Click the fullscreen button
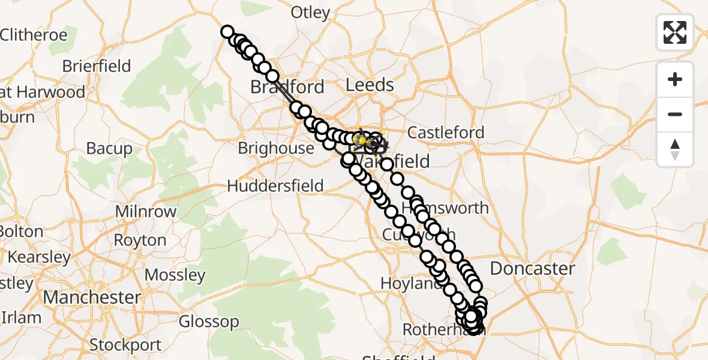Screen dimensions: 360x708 [675, 32]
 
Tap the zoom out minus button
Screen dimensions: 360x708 [675, 114]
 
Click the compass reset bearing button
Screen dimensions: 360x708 [675, 149]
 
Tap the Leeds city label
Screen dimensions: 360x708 [370, 85]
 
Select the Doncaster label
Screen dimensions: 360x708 [533, 268]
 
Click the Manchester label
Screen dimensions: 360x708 [91, 297]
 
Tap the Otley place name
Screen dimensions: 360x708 [310, 13]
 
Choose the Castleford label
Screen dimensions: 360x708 [445, 133]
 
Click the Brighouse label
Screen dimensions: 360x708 [276, 148]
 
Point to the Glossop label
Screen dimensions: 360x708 [209, 322]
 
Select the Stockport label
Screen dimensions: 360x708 [125, 345]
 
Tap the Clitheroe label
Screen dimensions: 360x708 [34, 35]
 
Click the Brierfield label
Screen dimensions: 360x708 [96, 66]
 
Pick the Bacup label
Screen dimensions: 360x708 [109, 148]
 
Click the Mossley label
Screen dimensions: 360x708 [175, 275]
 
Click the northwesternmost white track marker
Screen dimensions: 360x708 [227, 32]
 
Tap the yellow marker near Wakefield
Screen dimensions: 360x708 [362, 139]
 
